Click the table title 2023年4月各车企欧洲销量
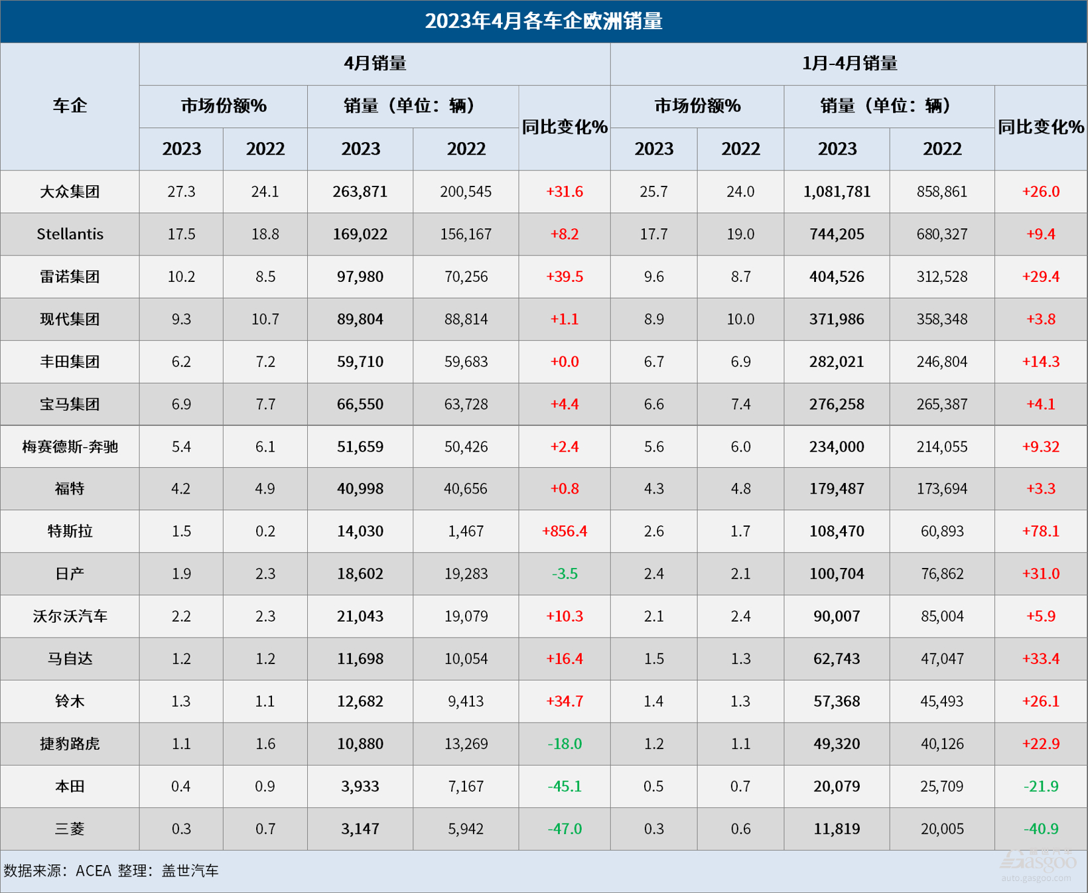[x=543, y=21]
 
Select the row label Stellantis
[x=70, y=234]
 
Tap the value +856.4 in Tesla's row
[x=565, y=531]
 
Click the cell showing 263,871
[x=360, y=192]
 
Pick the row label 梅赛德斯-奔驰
[x=70, y=446]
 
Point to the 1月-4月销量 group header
[x=849, y=64]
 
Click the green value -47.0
[x=565, y=829]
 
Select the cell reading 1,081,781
[x=837, y=192]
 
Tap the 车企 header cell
[x=70, y=106]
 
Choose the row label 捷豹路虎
[x=70, y=744]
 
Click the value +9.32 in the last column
[x=1040, y=446]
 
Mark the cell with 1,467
[x=466, y=531]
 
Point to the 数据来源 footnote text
[x=111, y=870]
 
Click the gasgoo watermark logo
[x=1039, y=862]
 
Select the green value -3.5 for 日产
[x=565, y=574]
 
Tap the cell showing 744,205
[x=837, y=234]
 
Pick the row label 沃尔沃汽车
[x=70, y=616]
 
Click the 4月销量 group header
[x=375, y=64]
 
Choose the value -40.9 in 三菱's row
[x=1040, y=829]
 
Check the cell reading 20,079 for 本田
[x=837, y=786]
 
